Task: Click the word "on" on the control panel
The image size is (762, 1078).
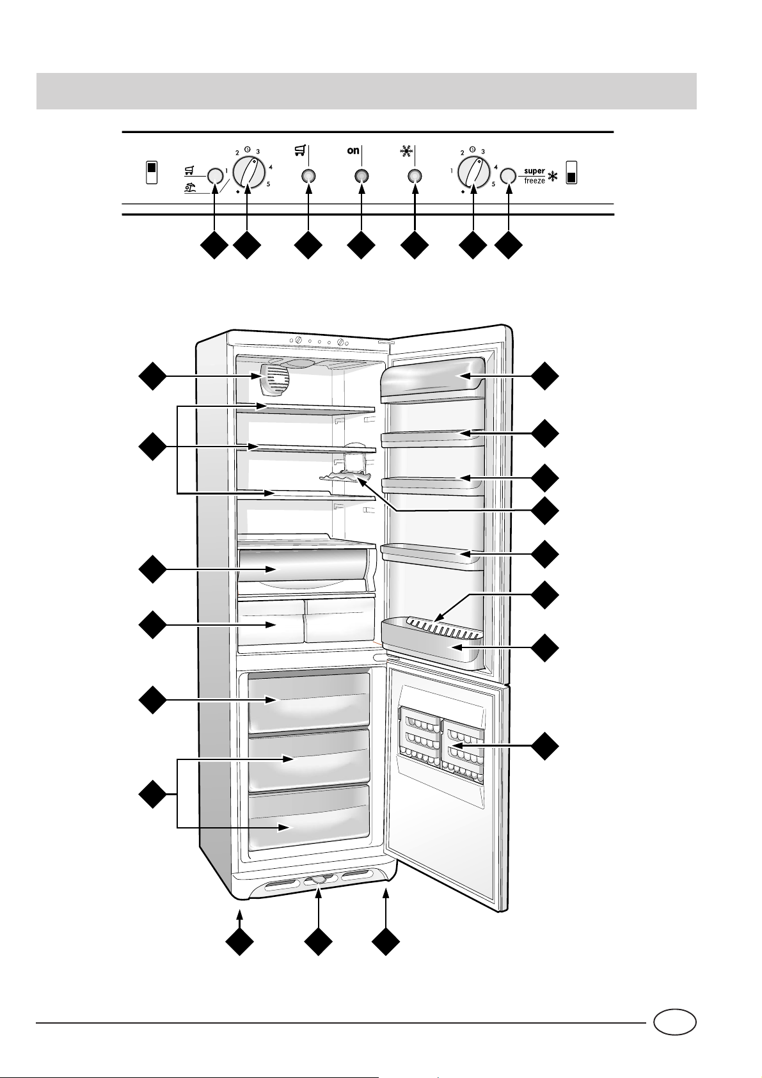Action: click(x=353, y=151)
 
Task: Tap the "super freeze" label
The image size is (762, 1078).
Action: click(x=534, y=176)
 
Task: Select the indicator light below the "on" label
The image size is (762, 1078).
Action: click(x=361, y=176)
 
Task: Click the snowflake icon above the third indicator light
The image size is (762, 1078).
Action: click(x=405, y=152)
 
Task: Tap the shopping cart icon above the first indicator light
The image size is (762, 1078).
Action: click(x=298, y=151)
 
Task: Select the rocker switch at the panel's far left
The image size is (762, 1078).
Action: click(x=152, y=173)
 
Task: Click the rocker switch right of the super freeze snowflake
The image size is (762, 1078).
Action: click(x=571, y=173)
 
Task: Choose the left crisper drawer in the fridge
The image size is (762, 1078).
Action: click(x=271, y=621)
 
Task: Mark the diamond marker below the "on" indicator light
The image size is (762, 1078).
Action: click(x=361, y=246)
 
